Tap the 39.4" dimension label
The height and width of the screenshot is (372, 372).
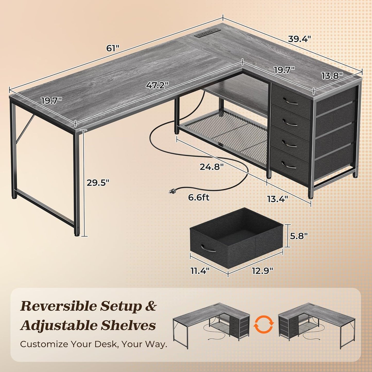(299, 39)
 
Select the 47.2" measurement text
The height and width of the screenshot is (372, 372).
(157, 85)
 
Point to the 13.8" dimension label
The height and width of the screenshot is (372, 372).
(332, 76)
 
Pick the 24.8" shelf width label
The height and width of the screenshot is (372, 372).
(212, 167)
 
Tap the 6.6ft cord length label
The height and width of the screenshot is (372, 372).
(198, 197)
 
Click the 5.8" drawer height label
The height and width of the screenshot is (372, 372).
(299, 236)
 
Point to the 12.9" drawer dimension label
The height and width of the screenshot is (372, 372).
(262, 270)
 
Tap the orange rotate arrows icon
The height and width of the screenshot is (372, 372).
(264, 325)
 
